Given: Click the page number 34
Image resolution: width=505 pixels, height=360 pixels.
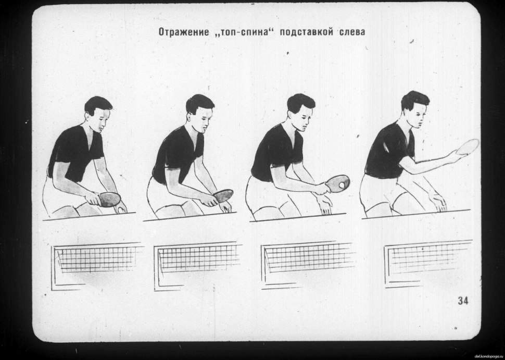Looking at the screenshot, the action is (463, 301).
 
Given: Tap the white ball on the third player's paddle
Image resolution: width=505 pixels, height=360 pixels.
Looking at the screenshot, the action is (341, 185).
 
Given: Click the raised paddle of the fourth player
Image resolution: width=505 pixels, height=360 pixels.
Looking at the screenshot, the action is (468, 146).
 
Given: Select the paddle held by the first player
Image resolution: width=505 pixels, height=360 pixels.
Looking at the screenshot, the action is (109, 200).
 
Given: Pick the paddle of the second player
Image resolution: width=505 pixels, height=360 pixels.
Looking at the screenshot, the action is (223, 195).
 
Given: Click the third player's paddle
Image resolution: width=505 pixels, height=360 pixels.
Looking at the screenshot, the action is (337, 183).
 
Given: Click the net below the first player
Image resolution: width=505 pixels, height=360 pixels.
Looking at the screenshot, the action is (97, 266).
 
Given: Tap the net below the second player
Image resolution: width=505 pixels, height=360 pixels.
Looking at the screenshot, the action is (197, 266).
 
